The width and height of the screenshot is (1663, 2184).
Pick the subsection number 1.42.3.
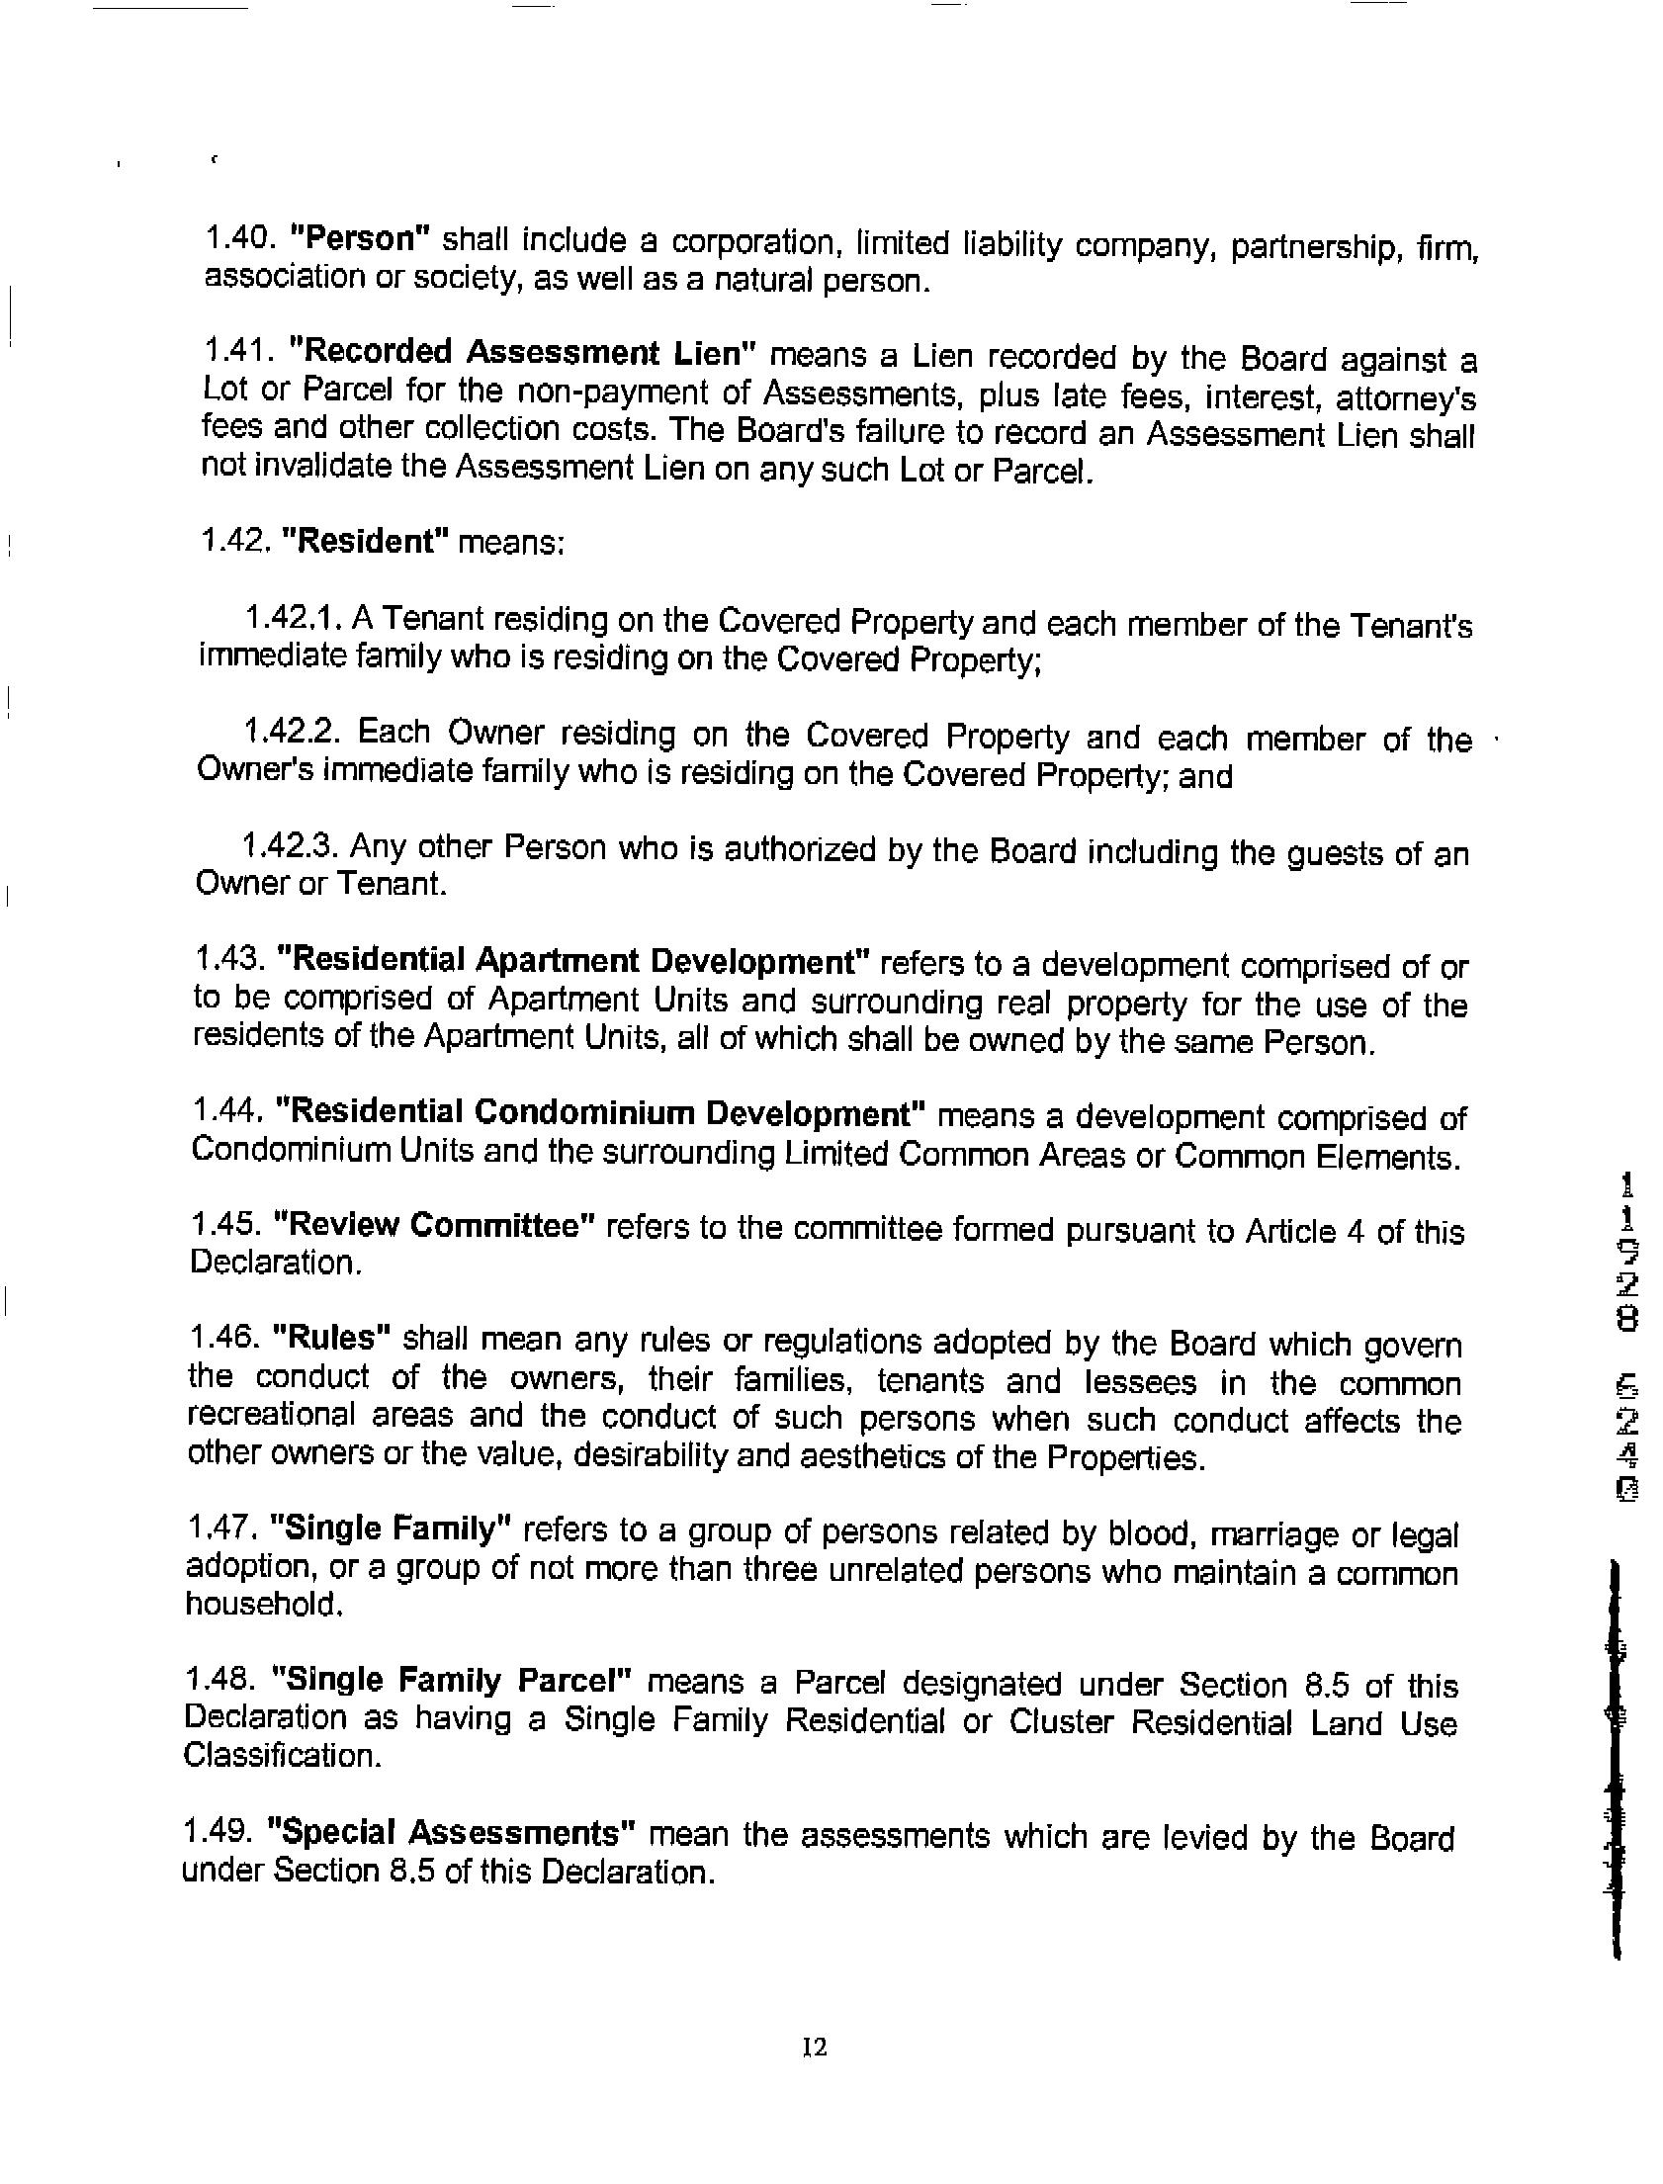tap(291, 846)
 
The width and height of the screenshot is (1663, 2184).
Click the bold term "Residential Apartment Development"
tap(573, 961)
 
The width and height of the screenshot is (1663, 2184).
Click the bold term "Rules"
tap(330, 1339)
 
